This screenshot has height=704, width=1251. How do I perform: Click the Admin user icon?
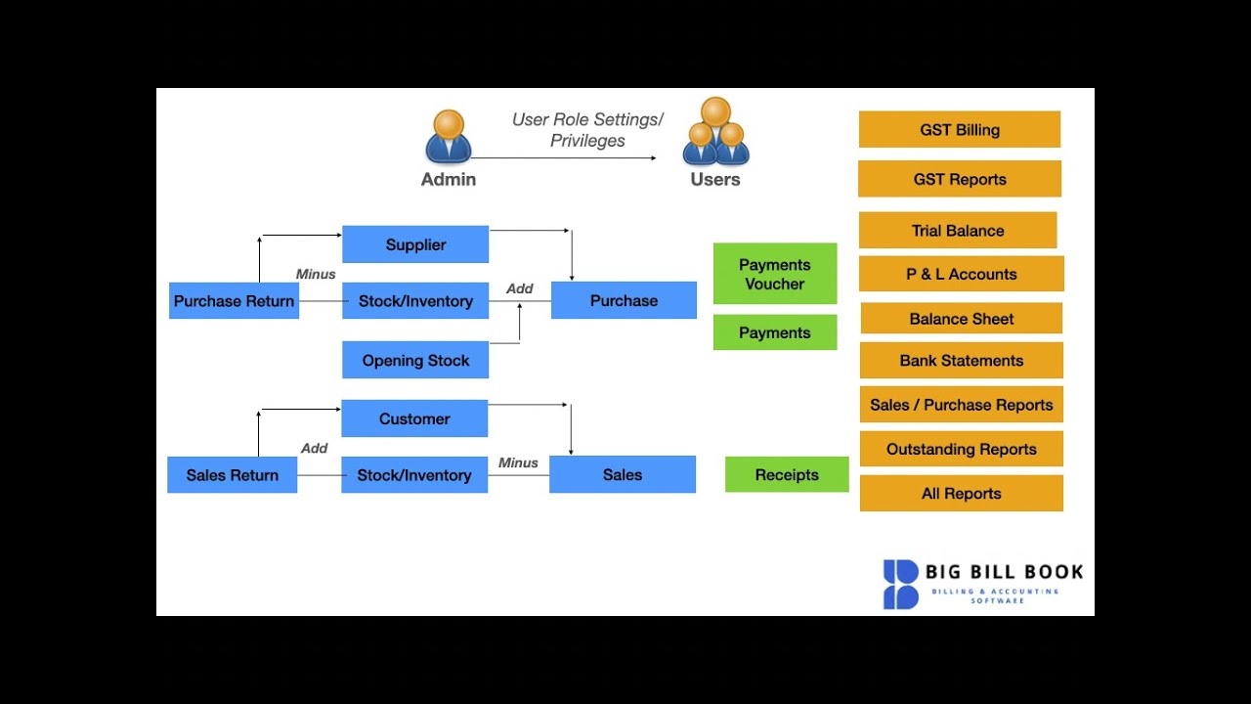449,137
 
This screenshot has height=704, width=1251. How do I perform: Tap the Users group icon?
715,132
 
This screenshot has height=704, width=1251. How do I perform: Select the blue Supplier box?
415,244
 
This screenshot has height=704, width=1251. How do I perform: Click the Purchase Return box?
234,301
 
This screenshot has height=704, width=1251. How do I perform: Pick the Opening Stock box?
415,360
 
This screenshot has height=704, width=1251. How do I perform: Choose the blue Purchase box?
624,300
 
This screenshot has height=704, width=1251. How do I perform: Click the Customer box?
414,418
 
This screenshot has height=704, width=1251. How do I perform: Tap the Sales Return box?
233,475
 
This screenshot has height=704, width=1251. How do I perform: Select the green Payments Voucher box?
775,274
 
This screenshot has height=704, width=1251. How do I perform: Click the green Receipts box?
787,474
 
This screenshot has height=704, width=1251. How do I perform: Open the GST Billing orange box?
960,129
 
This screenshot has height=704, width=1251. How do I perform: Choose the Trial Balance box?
958,231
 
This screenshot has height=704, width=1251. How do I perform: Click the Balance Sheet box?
962,319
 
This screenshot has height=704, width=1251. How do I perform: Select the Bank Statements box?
962,360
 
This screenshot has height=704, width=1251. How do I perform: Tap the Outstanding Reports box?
962,449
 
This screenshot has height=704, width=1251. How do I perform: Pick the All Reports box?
962,493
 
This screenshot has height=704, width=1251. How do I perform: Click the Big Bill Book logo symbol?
901,584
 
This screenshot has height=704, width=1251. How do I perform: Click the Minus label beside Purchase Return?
316,275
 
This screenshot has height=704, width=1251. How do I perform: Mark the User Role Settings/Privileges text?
587,130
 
